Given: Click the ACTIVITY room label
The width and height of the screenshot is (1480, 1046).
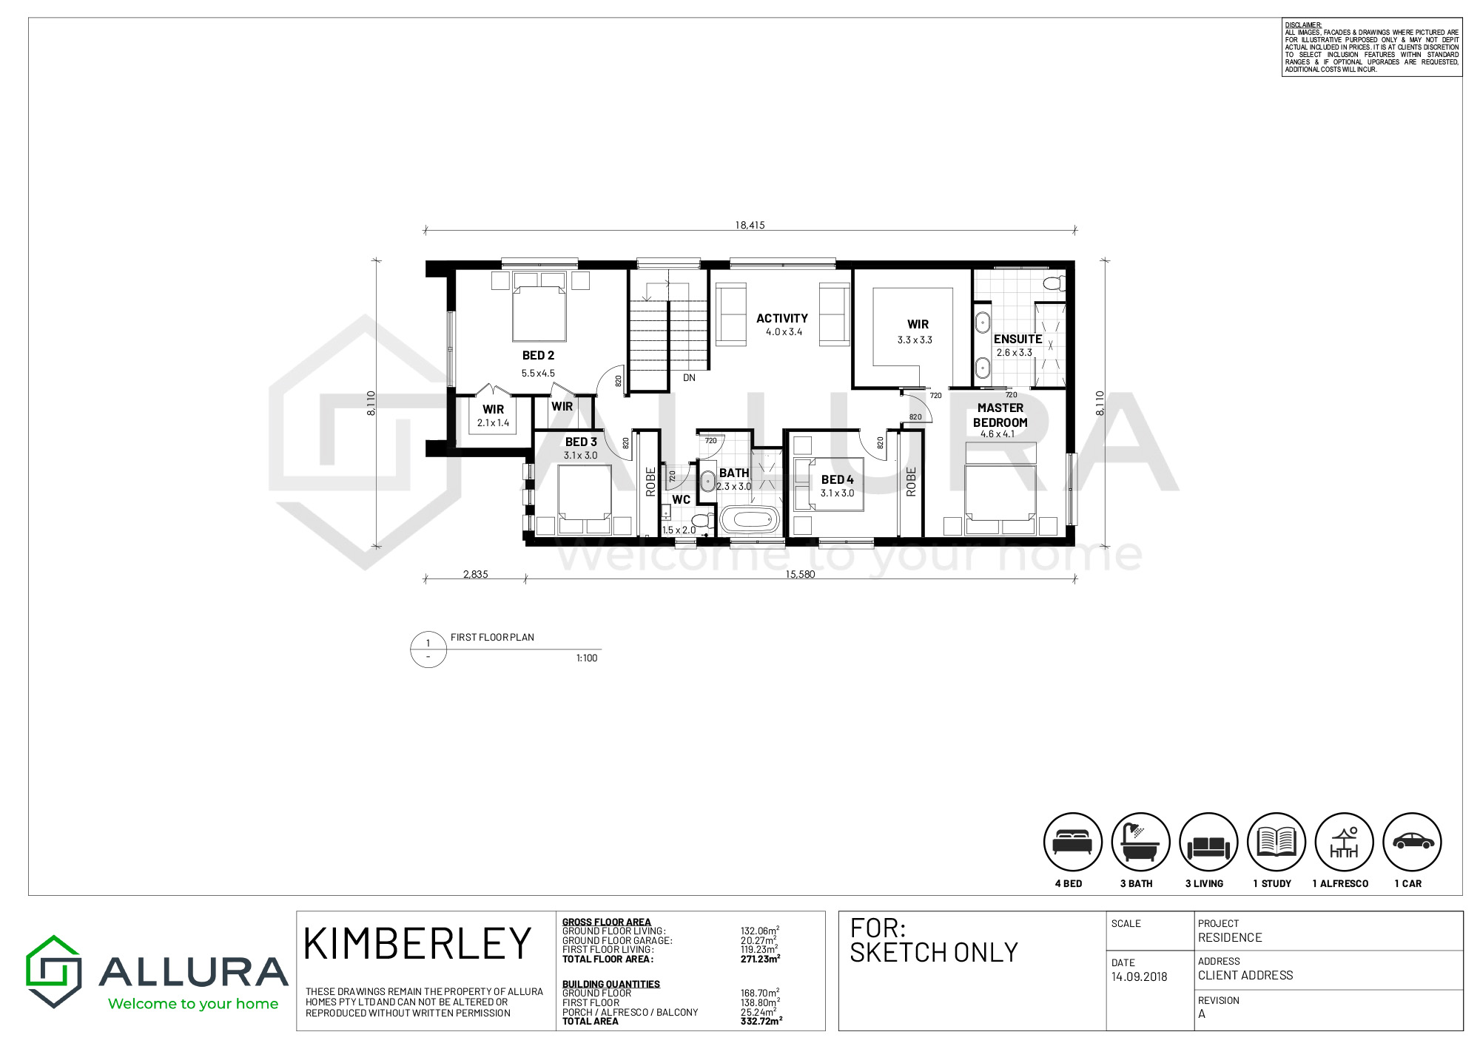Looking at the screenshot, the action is click(x=782, y=319).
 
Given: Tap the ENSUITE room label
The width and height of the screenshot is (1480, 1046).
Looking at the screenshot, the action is click(x=1017, y=340).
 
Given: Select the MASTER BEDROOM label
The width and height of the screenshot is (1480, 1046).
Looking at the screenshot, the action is click(x=1000, y=415).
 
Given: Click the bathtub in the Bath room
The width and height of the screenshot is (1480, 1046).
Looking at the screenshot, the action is click(x=750, y=520).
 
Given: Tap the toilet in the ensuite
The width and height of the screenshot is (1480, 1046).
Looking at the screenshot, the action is click(x=1054, y=283).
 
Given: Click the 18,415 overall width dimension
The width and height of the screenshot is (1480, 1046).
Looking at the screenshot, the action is click(x=750, y=226).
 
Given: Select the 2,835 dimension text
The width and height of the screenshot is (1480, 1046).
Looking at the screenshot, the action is click(x=475, y=575).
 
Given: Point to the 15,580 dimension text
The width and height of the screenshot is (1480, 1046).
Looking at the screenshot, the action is click(x=800, y=575).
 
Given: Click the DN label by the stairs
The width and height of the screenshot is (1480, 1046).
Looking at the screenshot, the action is click(x=689, y=378).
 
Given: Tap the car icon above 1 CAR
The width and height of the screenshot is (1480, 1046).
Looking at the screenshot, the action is click(x=1412, y=842).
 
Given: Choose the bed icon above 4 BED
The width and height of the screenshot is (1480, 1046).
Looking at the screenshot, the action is click(x=1072, y=842).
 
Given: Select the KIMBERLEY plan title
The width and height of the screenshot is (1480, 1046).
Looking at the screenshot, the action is click(x=417, y=944).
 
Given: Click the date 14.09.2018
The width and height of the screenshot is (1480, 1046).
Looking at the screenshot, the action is click(x=1139, y=977).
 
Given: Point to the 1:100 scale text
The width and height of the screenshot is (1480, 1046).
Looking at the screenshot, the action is click(x=587, y=658).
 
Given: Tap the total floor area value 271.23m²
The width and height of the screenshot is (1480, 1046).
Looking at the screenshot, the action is click(x=760, y=959).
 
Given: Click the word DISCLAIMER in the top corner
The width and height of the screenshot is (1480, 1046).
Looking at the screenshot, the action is click(x=1303, y=25).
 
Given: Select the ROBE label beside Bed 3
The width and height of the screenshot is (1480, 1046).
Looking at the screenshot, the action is click(x=650, y=482).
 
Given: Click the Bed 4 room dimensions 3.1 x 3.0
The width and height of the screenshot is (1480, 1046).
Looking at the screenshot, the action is click(x=837, y=493).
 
